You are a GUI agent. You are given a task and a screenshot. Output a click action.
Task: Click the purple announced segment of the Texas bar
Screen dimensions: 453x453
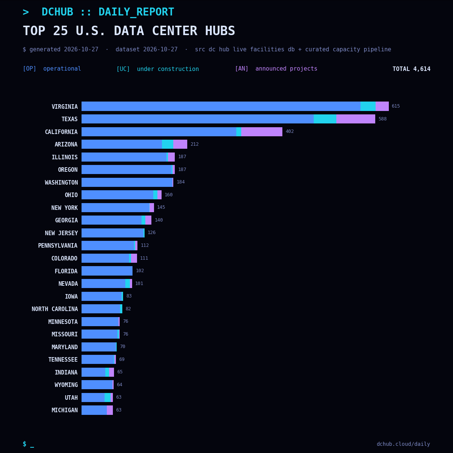pyautogui.click(x=356, y=119)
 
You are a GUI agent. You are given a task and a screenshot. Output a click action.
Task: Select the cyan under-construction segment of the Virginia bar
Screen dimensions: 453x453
pyautogui.click(x=368, y=106)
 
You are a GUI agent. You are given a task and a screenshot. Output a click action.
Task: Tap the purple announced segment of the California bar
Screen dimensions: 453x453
pyautogui.click(x=262, y=132)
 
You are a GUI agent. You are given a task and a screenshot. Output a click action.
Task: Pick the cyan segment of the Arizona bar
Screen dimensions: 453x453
pyautogui.click(x=168, y=144)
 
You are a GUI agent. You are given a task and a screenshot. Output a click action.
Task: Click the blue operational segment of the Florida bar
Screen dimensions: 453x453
pyautogui.click(x=107, y=271)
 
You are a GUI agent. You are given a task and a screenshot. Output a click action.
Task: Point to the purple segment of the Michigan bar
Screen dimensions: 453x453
pyautogui.click(x=110, y=410)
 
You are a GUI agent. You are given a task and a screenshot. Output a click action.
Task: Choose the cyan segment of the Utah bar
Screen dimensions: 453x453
pyautogui.click(x=108, y=398)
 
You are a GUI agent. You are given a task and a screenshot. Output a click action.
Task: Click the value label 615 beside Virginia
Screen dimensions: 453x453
pyautogui.click(x=396, y=106)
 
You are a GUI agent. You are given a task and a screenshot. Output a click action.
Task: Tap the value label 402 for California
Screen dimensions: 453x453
pyautogui.click(x=290, y=131)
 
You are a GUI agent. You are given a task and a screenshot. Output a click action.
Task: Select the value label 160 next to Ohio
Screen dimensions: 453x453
pyautogui.click(x=168, y=195)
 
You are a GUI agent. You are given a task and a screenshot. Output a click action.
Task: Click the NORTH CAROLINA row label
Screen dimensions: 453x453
pyautogui.click(x=55, y=309)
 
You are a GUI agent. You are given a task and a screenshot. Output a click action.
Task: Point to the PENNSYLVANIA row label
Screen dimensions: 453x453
pyautogui.click(x=58, y=246)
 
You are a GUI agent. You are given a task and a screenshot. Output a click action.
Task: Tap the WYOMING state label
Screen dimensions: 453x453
pyautogui.click(x=66, y=385)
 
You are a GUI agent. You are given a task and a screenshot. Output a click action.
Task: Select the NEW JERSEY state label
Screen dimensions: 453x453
pyautogui.click(x=62, y=233)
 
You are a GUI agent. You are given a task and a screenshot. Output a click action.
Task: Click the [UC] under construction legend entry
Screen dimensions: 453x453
pyautogui.click(x=158, y=69)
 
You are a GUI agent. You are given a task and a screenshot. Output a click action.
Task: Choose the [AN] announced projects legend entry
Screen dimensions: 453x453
pyautogui.click(x=276, y=69)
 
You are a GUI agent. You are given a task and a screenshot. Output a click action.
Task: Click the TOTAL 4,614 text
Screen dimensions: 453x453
pyautogui.click(x=411, y=69)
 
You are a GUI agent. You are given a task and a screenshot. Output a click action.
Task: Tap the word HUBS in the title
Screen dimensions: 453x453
pyautogui.click(x=220, y=31)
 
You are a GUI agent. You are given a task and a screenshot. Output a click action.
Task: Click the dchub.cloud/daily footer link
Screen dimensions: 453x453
pyautogui.click(x=404, y=444)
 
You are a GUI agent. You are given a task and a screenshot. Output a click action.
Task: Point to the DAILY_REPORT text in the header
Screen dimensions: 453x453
pyautogui.click(x=136, y=12)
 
